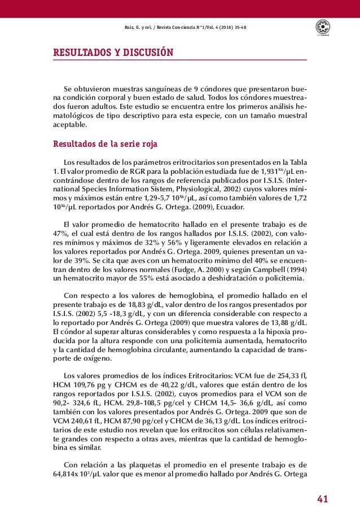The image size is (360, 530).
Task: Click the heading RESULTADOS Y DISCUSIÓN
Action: [x=113, y=53]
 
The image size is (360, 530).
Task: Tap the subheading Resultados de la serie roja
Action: [x=105, y=143]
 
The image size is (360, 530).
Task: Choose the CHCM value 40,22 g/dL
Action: [x=168, y=385]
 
